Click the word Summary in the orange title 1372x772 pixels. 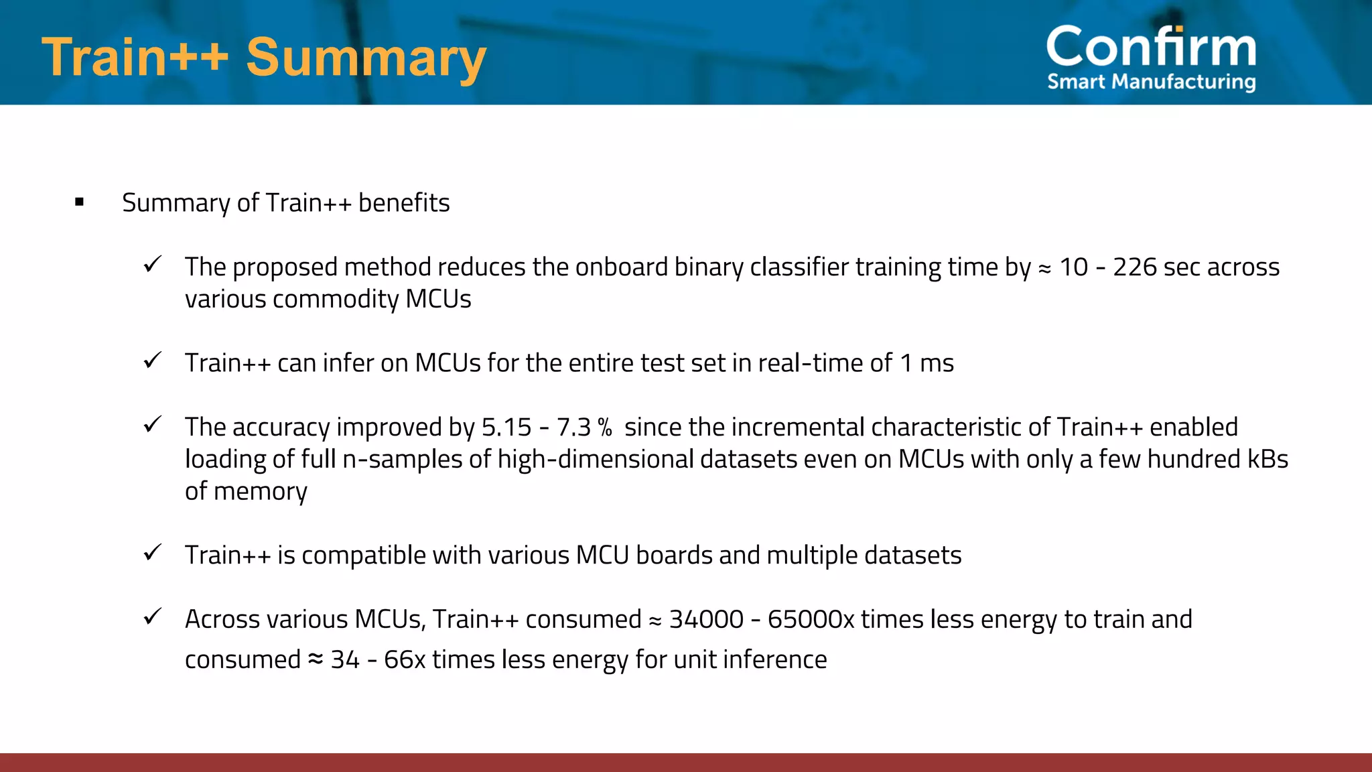pos(366,58)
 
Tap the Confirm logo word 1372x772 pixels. pos(1151,47)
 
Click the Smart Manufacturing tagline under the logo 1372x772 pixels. pos(1151,82)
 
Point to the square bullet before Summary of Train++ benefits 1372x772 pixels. pos(80,202)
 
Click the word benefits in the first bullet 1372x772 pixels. pos(404,202)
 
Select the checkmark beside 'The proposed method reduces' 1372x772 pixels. pos(153,265)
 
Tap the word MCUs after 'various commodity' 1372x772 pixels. pos(438,299)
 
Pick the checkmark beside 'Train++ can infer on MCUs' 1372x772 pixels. pos(153,361)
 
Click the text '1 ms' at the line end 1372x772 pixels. pos(927,363)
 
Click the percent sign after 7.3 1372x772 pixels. pos(605,427)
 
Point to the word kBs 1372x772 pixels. pos(1267,459)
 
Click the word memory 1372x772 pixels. pos(261,492)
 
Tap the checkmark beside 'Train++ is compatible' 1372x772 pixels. pos(153,553)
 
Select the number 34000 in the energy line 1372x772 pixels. pos(706,619)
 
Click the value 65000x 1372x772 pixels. pos(811,619)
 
